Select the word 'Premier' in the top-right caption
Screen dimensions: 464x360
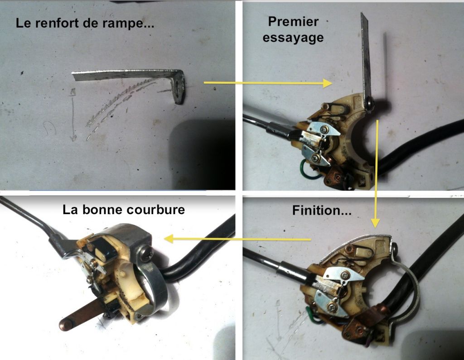pos(293,22)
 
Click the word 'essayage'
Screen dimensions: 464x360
pos(293,38)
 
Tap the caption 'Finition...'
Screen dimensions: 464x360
pos(322,210)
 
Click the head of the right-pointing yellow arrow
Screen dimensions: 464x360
pos(328,83)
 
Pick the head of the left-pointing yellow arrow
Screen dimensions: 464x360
pos(169,239)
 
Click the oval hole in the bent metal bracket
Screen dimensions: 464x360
pos(177,88)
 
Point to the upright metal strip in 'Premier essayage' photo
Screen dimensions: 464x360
pos(366,61)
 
